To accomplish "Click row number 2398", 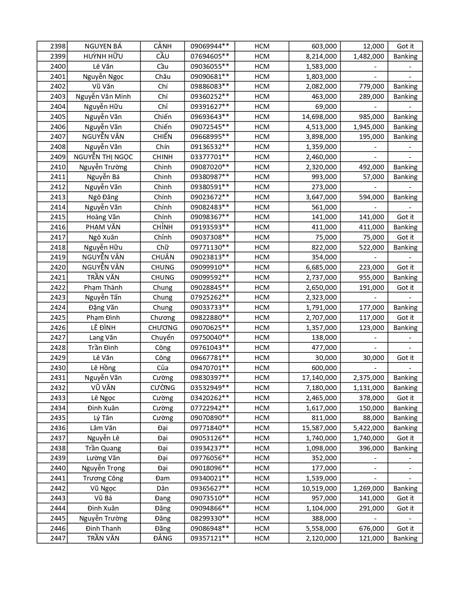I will (x=58, y=46).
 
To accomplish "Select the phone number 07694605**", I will (x=210, y=56).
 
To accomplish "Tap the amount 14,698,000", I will (x=319, y=117).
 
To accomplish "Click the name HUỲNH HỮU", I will (x=103, y=56).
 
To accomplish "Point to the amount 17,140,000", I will (x=319, y=378).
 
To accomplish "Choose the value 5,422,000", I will (x=368, y=428).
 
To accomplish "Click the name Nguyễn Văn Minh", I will (x=103, y=97).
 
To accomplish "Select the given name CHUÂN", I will (x=163, y=257).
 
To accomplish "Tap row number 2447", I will (x=58, y=538).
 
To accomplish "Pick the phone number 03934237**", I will (x=210, y=448).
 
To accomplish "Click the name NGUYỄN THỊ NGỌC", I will (x=103, y=157).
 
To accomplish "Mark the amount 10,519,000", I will (x=319, y=488).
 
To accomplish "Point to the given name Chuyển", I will (x=163, y=338).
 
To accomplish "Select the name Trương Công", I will (x=103, y=478).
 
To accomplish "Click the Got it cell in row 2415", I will (x=405, y=217).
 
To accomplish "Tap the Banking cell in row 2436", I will (x=405, y=428).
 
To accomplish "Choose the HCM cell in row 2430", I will (x=262, y=368).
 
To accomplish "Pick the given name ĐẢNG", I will (x=163, y=538).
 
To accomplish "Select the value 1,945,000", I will (x=368, y=127).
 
